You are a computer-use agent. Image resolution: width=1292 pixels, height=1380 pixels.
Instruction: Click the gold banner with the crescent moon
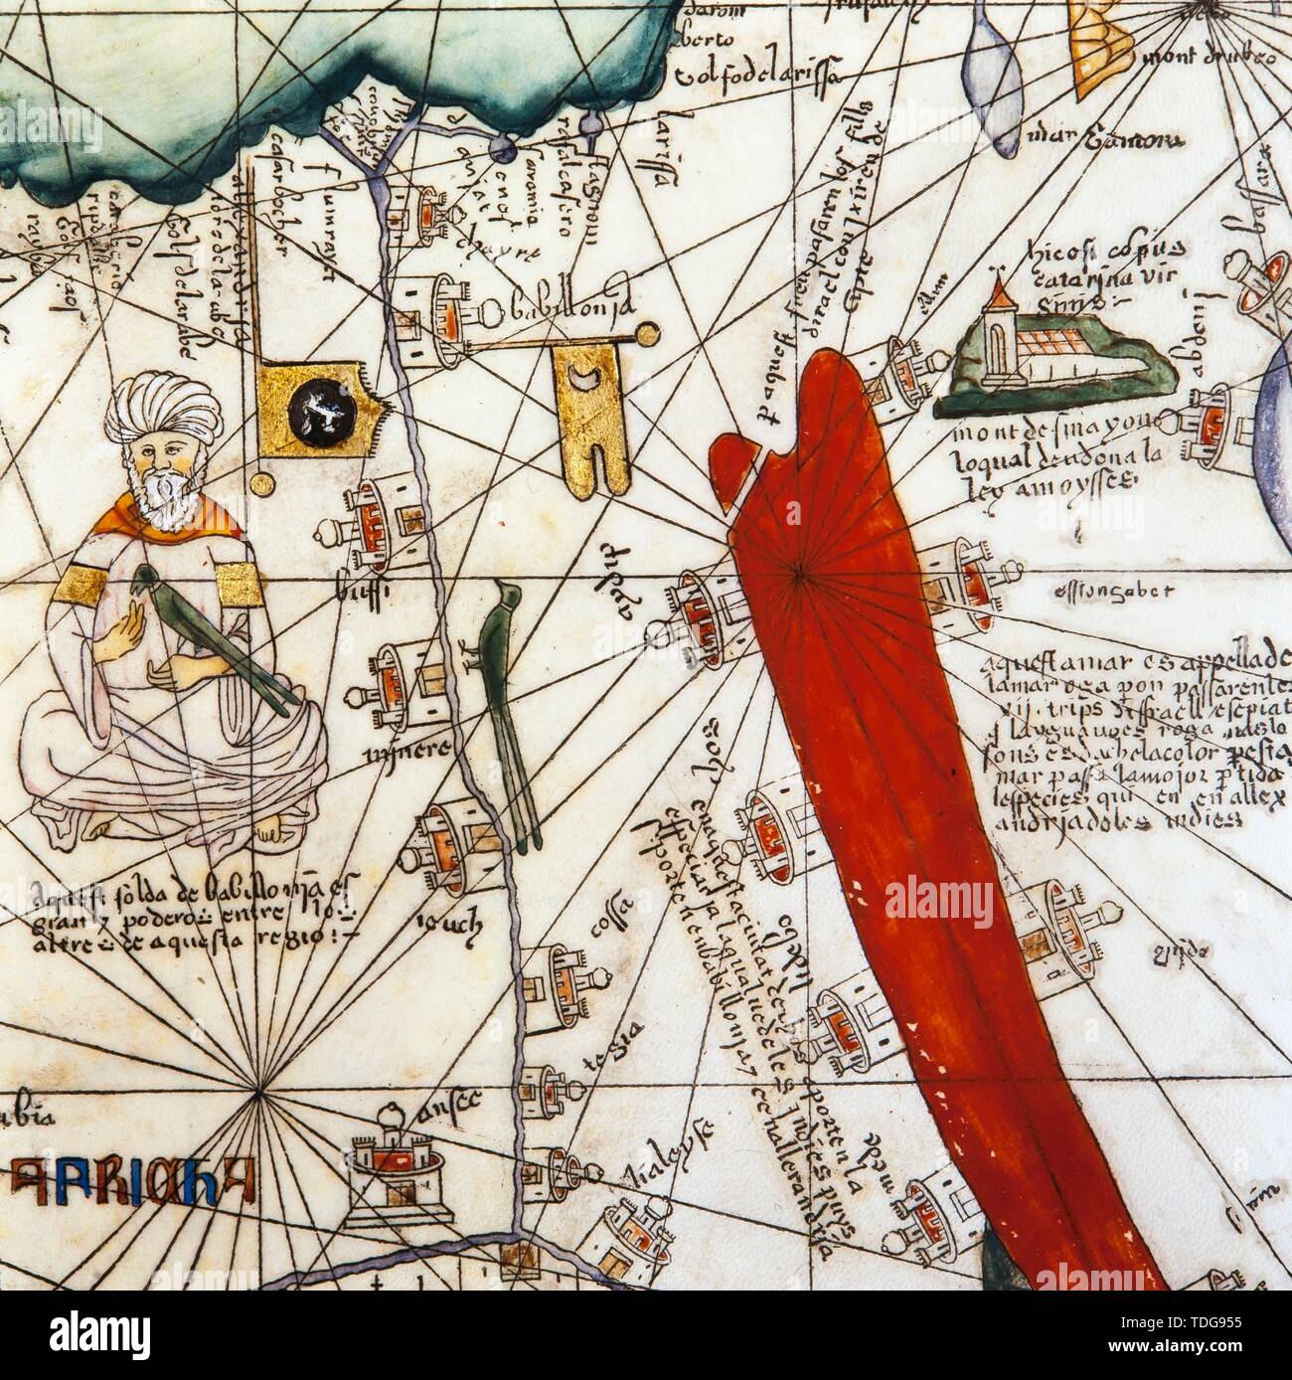pos(591,417)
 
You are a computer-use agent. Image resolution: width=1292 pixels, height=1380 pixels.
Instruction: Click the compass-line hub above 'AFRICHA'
pos(259,1093)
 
